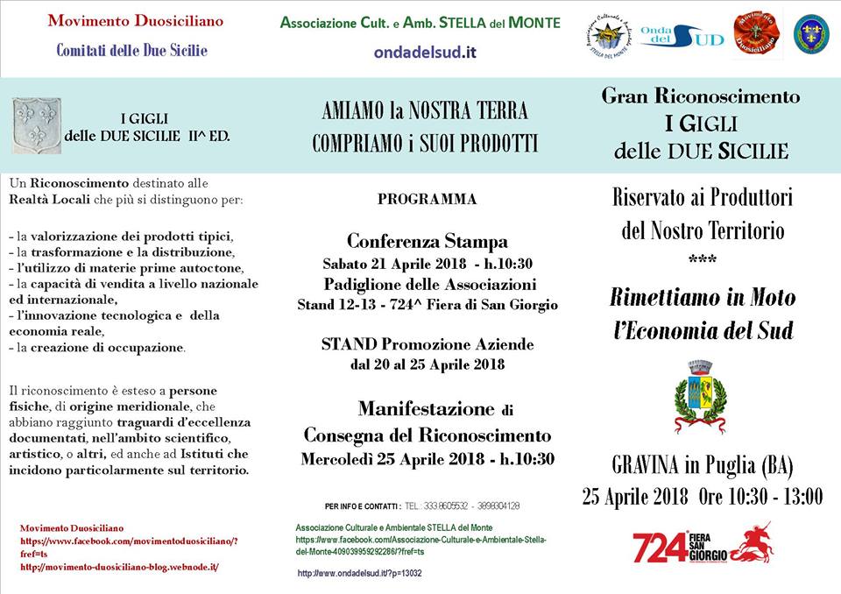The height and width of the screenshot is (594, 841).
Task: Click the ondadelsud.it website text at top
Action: (425, 52)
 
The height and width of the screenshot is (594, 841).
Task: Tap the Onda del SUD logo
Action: (682, 36)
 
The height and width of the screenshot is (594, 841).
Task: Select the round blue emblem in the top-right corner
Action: (811, 34)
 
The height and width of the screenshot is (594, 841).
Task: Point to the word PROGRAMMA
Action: (428, 200)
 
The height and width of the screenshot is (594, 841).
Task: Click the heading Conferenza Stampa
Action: (428, 241)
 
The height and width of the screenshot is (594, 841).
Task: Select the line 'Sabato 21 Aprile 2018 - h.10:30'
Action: (428, 264)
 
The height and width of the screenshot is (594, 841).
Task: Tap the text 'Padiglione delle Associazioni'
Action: (428, 284)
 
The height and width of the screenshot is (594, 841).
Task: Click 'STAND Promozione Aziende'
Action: (428, 344)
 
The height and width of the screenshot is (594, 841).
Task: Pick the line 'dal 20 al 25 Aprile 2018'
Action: (428, 364)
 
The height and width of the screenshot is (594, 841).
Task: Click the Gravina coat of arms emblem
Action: (700, 396)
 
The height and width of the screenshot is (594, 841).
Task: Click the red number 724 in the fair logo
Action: (660, 548)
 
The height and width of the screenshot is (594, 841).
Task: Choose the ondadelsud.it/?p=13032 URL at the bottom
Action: (360, 573)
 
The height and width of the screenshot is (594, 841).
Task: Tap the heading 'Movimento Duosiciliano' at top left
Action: (135, 20)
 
